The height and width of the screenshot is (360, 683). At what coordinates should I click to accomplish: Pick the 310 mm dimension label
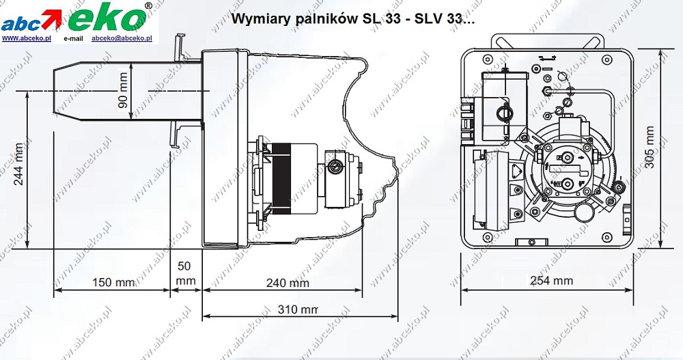[x=299, y=309]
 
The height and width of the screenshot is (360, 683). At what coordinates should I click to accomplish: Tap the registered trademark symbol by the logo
[x=149, y=6]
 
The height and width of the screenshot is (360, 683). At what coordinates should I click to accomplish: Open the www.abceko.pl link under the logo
[x=27, y=39]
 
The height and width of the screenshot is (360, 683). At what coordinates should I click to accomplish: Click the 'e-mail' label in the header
[x=73, y=39]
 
